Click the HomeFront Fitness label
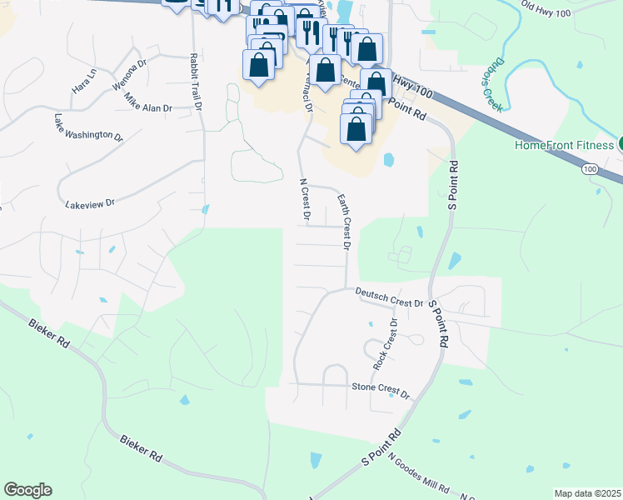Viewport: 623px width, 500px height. (x=564, y=145)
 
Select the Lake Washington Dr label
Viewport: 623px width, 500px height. (x=88, y=127)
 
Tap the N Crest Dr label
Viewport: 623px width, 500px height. (x=304, y=202)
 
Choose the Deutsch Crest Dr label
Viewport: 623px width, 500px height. (x=389, y=297)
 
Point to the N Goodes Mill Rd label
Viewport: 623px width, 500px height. (x=419, y=475)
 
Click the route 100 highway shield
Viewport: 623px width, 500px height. (x=591, y=169)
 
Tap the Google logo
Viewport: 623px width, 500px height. (x=27, y=490)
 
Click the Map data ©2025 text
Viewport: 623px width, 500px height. (x=587, y=493)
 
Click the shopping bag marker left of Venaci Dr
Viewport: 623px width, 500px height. (x=259, y=65)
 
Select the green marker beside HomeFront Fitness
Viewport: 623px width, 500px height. (x=621, y=143)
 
